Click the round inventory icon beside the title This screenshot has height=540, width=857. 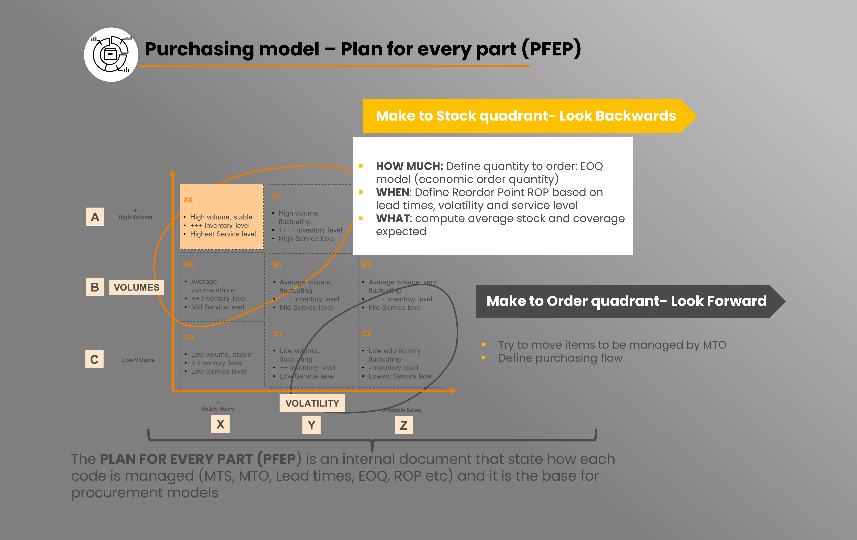pos(111,54)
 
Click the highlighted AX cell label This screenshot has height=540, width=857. pos(188,200)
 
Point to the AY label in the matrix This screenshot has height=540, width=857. pos(276,196)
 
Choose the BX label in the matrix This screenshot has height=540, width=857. pos(189,265)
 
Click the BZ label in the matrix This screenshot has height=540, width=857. pos(366,265)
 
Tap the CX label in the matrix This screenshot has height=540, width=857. pos(189,337)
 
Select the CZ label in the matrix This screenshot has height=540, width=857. pos(366,334)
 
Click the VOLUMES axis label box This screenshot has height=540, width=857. pos(136,287)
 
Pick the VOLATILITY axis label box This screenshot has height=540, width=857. pos(312,403)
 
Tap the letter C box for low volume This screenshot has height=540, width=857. pos(94,359)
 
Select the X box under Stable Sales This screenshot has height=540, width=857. pos(220,424)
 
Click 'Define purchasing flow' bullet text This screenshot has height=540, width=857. pos(560,358)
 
